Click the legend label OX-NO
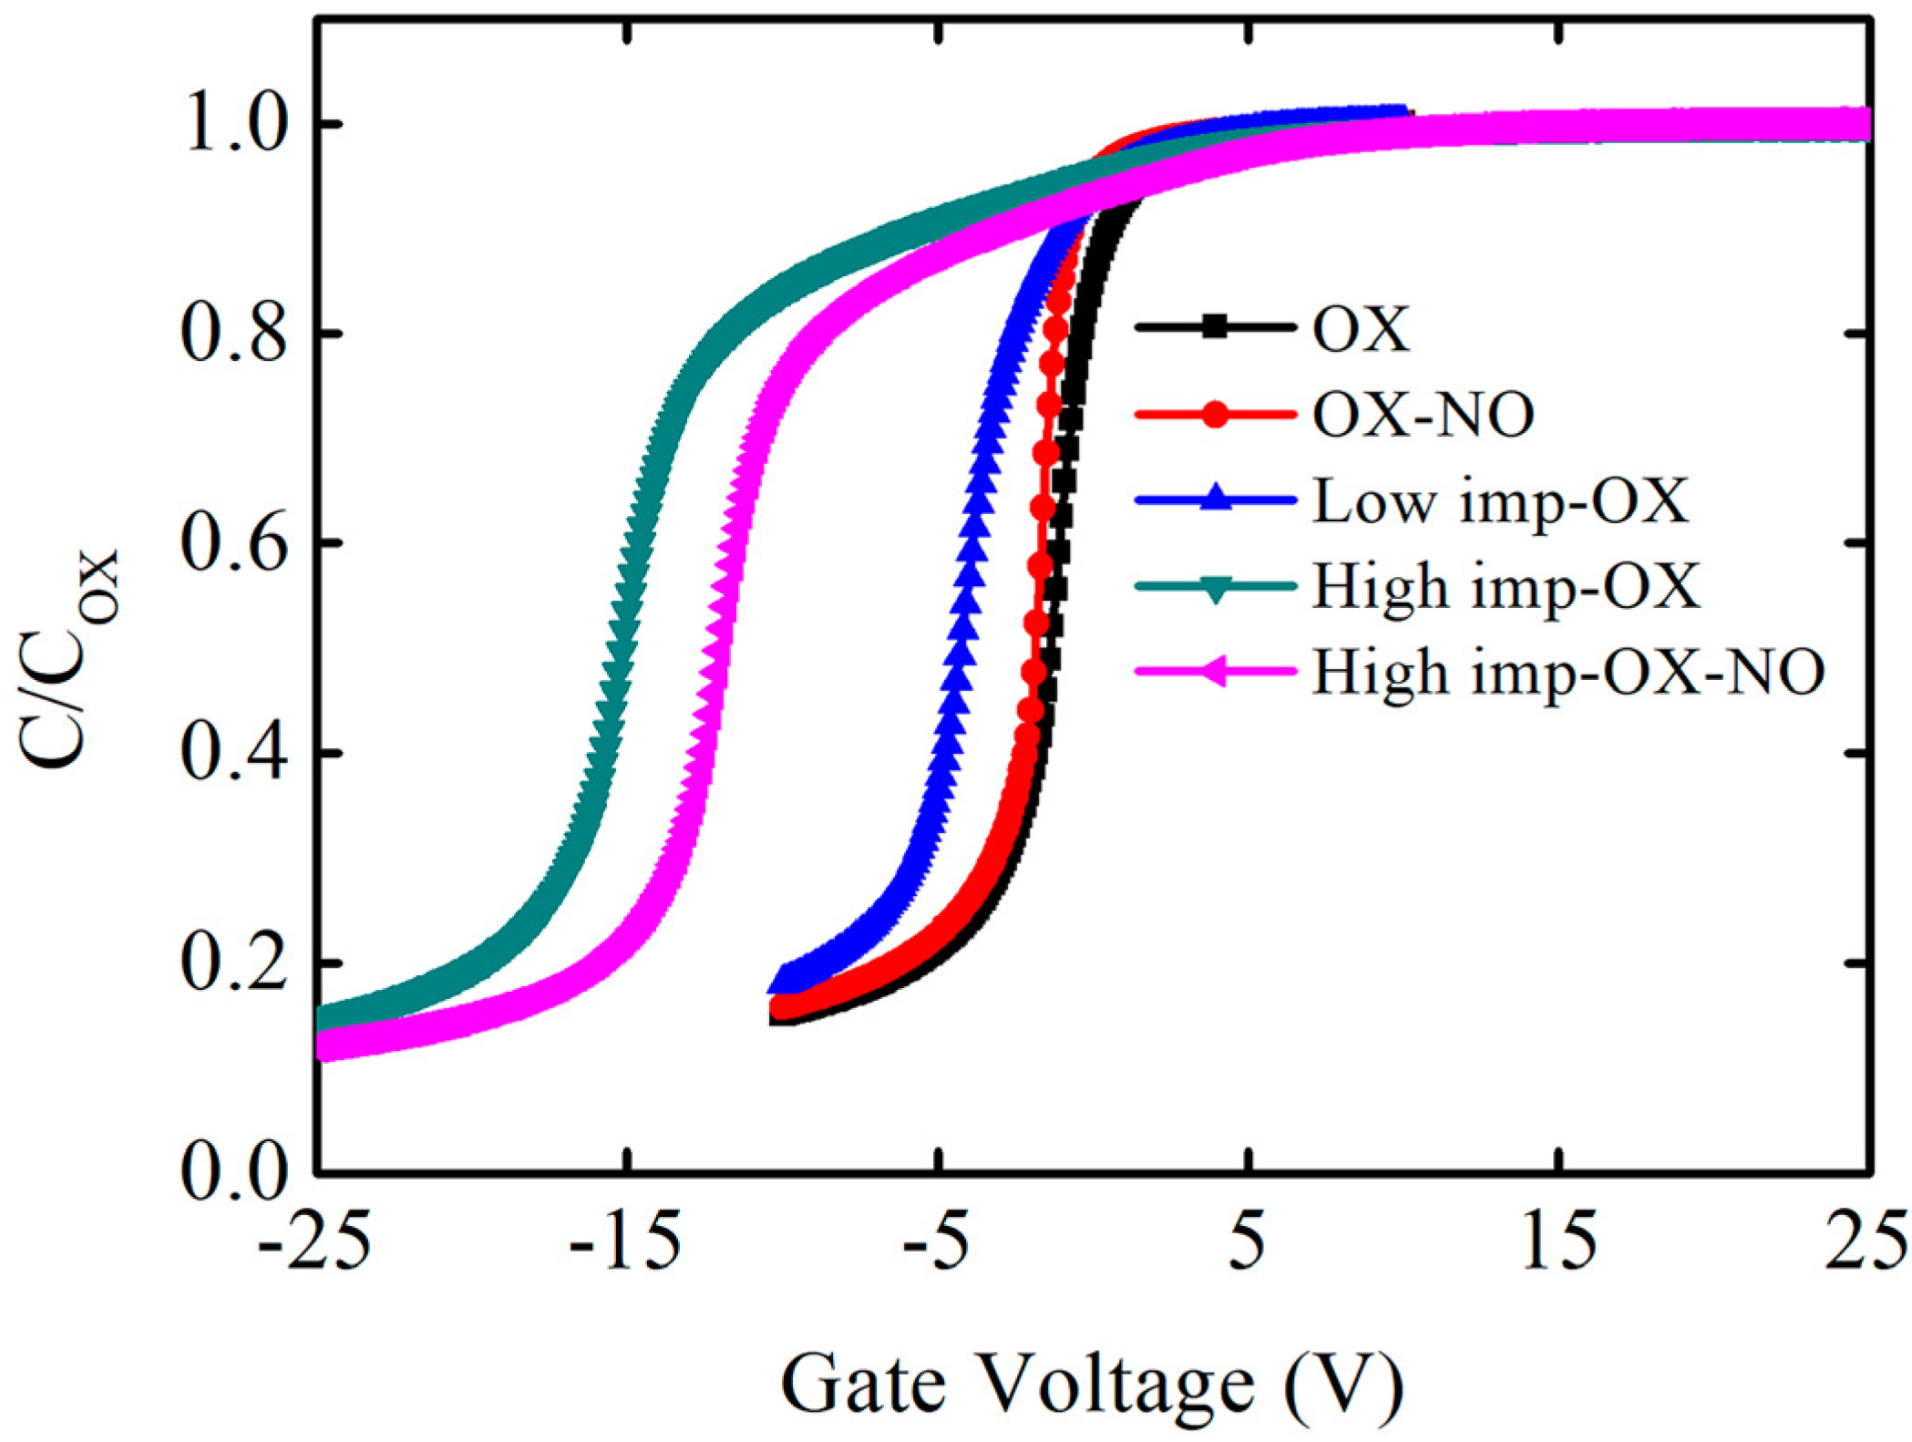(x=1423, y=416)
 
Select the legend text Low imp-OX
(x=1500, y=501)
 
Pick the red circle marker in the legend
(x=1214, y=416)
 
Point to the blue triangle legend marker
(x=1214, y=500)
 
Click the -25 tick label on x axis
(x=314, y=1241)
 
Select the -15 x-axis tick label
(x=625, y=1241)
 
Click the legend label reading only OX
(x=1361, y=329)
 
